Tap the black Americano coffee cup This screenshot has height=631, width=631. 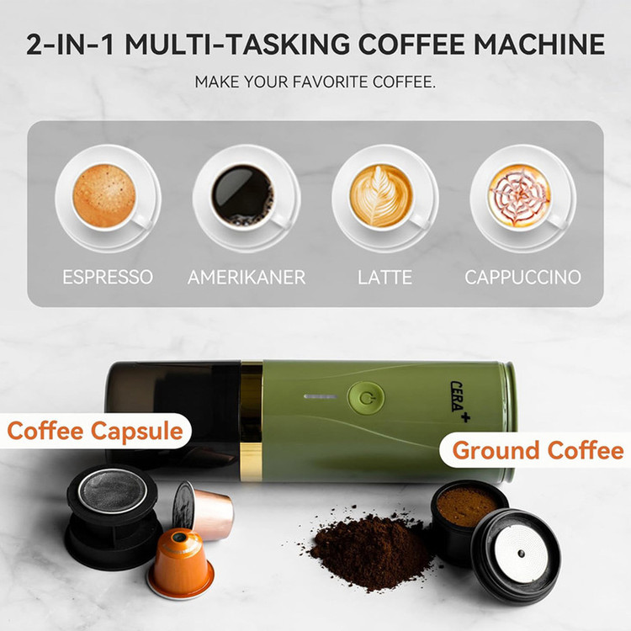246,197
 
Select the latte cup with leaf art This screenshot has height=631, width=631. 384,197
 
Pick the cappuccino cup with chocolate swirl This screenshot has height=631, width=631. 522,197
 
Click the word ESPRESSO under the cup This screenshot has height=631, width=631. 108,278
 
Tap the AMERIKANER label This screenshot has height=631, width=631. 247,278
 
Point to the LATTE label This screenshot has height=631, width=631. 384,278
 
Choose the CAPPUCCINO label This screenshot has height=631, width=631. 522,278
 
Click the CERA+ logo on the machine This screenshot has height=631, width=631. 459,401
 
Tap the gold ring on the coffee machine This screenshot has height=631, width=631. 251,421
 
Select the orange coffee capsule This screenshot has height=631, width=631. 180,563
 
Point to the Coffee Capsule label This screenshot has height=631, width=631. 95,431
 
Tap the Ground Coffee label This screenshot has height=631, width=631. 538,450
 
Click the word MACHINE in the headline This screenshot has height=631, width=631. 539,44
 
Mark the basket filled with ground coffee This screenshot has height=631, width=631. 467,519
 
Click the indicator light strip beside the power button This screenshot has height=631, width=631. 321,397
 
